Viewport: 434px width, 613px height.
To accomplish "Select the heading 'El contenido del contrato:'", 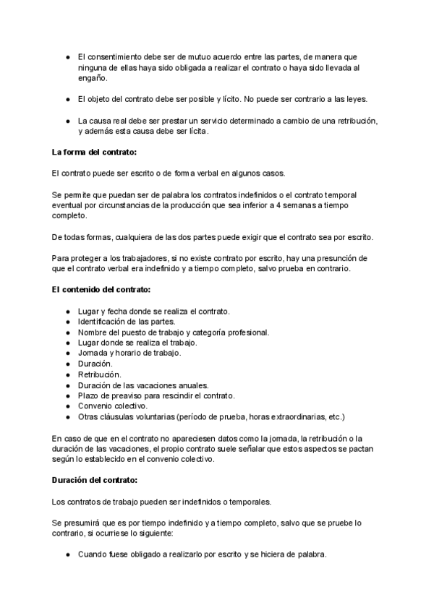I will (101, 290).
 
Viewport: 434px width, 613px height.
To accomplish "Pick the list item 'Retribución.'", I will (99, 374).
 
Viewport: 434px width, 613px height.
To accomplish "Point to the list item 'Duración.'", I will (95, 364).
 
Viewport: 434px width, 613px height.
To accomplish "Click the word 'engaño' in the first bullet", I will (91, 78).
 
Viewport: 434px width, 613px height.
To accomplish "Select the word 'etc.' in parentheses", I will (336, 417).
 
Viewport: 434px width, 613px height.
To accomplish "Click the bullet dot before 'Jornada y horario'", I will (67, 353).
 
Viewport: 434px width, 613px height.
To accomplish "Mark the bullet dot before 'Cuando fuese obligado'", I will (67, 554).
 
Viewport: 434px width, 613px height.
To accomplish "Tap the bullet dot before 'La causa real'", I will (67, 119).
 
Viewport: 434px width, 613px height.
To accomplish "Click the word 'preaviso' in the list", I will (124, 396).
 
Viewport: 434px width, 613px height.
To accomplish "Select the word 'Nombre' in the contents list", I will (93, 333).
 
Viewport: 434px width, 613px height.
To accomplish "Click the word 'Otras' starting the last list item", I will (89, 417).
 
